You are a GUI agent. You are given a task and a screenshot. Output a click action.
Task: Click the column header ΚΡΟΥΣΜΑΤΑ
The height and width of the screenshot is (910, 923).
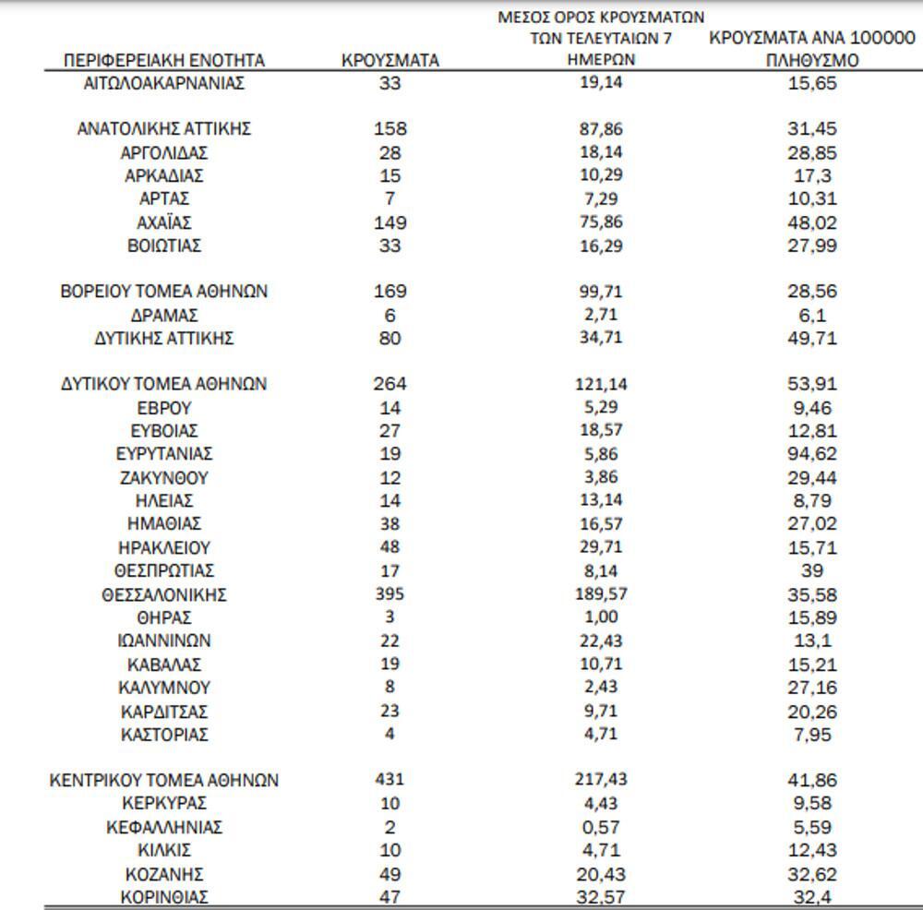tap(390, 61)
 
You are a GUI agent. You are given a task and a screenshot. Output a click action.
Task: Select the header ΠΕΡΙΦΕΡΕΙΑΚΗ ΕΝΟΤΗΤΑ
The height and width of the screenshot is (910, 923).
tap(164, 61)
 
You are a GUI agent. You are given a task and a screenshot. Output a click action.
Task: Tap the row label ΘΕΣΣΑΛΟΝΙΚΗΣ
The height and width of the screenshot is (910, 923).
tap(164, 594)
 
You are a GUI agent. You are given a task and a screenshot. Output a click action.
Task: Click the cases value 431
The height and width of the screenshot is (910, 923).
tap(390, 780)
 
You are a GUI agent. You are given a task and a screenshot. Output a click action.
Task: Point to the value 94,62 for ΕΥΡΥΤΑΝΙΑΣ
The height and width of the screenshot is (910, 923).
tap(812, 454)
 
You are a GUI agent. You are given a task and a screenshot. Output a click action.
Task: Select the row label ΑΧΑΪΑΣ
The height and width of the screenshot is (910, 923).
tap(164, 222)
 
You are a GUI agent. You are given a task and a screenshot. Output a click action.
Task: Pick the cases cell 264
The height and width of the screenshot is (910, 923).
tap(390, 384)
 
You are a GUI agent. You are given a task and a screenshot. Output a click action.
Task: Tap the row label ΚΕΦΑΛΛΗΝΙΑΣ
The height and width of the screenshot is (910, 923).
tap(164, 827)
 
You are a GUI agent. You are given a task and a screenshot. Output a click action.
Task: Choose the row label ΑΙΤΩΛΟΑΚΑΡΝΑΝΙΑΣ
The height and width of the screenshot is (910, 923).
tap(164, 83)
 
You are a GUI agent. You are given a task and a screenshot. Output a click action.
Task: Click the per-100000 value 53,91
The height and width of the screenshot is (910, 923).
tap(812, 384)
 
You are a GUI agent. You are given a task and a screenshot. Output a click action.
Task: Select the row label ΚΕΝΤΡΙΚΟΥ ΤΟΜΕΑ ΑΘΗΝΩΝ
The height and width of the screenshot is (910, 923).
tap(164, 780)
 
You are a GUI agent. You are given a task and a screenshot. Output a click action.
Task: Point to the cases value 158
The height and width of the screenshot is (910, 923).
tap(390, 129)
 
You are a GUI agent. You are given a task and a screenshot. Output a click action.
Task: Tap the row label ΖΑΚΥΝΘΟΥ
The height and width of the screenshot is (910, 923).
tap(164, 478)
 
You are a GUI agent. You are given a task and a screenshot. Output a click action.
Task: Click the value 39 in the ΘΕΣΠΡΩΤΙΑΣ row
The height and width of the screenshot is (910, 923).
tap(812, 571)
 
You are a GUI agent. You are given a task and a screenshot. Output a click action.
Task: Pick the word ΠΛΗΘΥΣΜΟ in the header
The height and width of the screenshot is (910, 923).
tap(812, 61)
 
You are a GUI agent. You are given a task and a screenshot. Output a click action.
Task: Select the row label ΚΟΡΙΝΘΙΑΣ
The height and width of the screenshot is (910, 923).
tap(164, 897)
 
